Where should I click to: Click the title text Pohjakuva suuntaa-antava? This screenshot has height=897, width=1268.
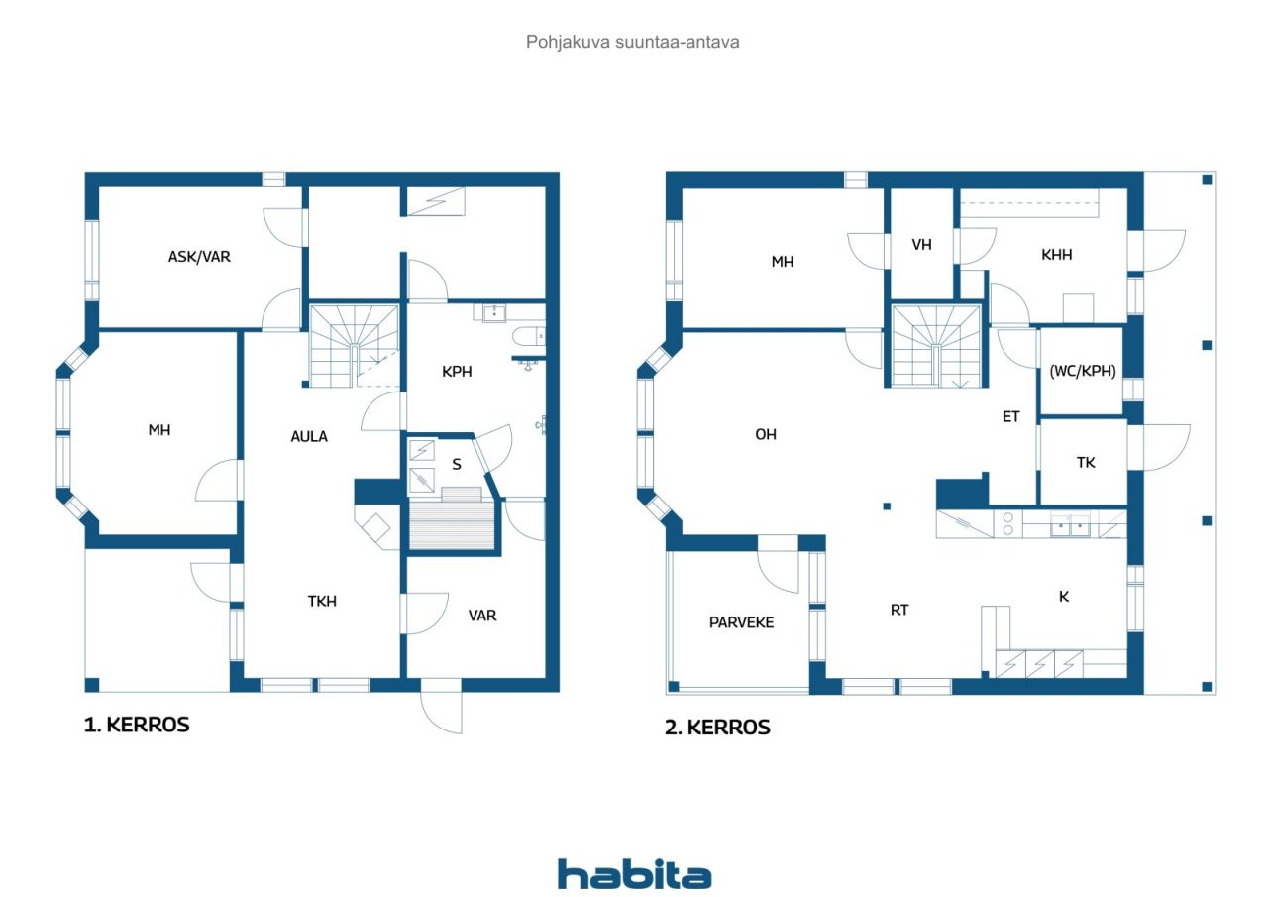pos(632,42)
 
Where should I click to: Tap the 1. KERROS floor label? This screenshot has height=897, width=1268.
pos(137,725)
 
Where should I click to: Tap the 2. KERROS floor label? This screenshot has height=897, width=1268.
pos(717,728)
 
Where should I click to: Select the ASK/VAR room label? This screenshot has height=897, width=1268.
pos(199,257)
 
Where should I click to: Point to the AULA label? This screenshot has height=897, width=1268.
pos(309,437)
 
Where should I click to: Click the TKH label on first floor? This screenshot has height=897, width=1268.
pos(322,601)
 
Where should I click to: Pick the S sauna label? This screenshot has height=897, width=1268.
pos(457,464)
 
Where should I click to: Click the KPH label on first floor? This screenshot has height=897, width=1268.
pos(457,372)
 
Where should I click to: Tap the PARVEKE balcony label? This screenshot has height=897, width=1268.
pos(742,622)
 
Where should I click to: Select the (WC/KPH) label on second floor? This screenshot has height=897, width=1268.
pos(1083,371)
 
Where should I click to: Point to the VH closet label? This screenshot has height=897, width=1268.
pos(921,245)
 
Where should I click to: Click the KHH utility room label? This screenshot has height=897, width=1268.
pos(1057,255)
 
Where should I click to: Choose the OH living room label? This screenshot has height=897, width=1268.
pos(766,434)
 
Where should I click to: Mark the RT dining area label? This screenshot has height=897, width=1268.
pos(899,610)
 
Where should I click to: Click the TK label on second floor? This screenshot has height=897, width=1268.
pos(1086,463)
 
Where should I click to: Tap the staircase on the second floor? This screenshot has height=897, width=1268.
pos(936,346)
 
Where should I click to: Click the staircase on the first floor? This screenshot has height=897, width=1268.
pos(355,346)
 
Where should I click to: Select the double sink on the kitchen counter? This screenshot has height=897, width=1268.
pos(1071,525)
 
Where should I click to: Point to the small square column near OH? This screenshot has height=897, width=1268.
pos(887,506)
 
